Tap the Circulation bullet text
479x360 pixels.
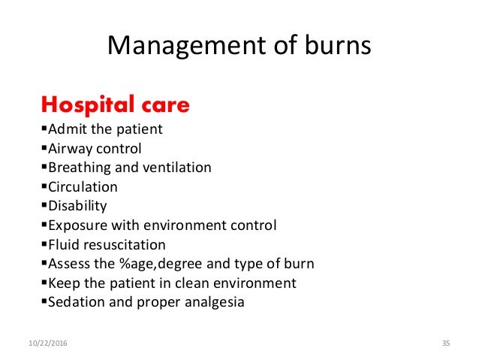point(83,186)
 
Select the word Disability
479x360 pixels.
point(77,205)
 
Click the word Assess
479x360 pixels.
point(69,264)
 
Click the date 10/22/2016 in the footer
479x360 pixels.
point(47,343)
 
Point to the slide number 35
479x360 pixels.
point(445,343)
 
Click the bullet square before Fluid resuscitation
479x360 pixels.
point(42,244)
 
